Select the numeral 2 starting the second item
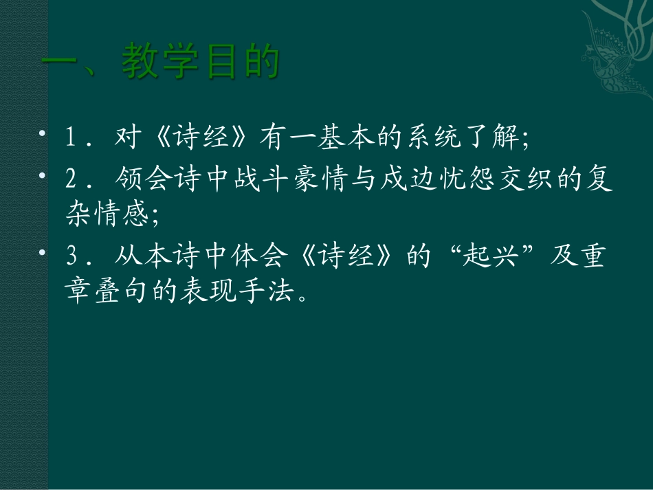[x=71, y=181]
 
